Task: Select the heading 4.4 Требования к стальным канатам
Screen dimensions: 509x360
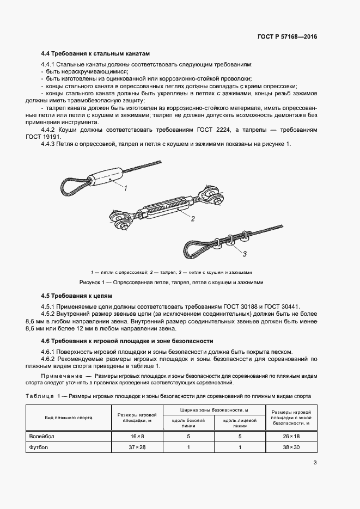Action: (x=95, y=54)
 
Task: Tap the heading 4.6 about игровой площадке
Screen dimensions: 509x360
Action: (x=127, y=341)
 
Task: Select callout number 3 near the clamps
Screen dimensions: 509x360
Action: (x=245, y=238)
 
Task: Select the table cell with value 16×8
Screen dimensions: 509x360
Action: (x=137, y=436)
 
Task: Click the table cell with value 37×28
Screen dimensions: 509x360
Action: (x=137, y=447)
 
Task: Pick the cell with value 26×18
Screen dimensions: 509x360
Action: (x=291, y=436)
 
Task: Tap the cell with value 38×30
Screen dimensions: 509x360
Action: (x=291, y=447)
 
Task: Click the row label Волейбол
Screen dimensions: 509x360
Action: (x=42, y=436)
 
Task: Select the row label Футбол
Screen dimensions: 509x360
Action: (x=39, y=447)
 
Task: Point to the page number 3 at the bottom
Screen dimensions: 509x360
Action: (x=315, y=463)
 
